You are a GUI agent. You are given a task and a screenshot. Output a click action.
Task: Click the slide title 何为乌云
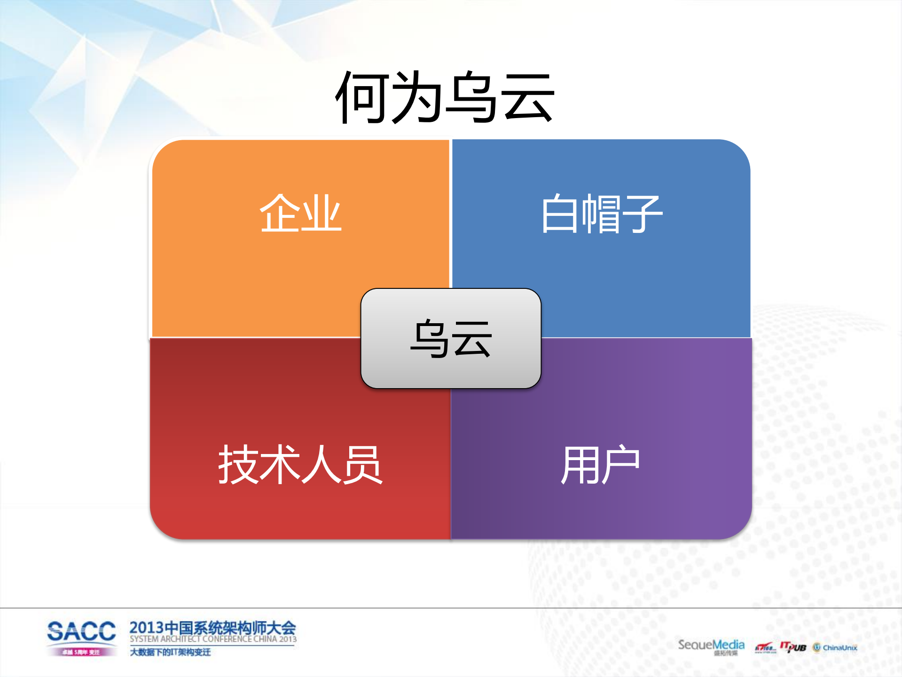pyautogui.click(x=445, y=97)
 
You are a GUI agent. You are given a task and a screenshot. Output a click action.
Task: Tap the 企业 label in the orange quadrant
pyautogui.click(x=300, y=214)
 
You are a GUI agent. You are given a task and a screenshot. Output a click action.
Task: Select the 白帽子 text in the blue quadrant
pyautogui.click(x=601, y=214)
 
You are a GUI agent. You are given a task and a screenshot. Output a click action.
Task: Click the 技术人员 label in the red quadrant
pyautogui.click(x=300, y=465)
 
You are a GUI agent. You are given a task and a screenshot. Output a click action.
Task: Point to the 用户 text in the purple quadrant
pyautogui.click(x=600, y=465)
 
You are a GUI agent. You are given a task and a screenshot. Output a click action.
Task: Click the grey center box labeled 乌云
pyautogui.click(x=451, y=338)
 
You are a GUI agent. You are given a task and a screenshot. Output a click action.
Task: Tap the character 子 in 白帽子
pyautogui.click(x=642, y=214)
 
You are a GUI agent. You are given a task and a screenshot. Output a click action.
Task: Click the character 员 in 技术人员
pyautogui.click(x=362, y=465)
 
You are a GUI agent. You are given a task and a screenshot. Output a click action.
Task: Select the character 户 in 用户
pyautogui.click(x=620, y=465)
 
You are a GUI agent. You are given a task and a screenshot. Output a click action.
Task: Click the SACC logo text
pyautogui.click(x=81, y=631)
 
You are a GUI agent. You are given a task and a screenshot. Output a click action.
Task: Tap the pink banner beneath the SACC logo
pyautogui.click(x=81, y=652)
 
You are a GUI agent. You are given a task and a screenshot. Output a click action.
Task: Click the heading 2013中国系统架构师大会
pyautogui.click(x=212, y=628)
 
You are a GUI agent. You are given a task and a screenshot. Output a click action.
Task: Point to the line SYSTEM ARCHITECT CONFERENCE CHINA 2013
pyautogui.click(x=213, y=639)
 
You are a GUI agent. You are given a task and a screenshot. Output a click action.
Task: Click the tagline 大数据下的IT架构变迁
pyautogui.click(x=170, y=652)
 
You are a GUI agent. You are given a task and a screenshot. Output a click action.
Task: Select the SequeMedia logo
pyautogui.click(x=711, y=645)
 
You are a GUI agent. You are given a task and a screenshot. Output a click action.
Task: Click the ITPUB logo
pyautogui.click(x=793, y=647)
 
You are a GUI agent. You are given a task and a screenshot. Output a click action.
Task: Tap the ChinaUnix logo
pyautogui.click(x=835, y=648)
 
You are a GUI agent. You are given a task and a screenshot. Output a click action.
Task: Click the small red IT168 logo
pyautogui.click(x=765, y=648)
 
